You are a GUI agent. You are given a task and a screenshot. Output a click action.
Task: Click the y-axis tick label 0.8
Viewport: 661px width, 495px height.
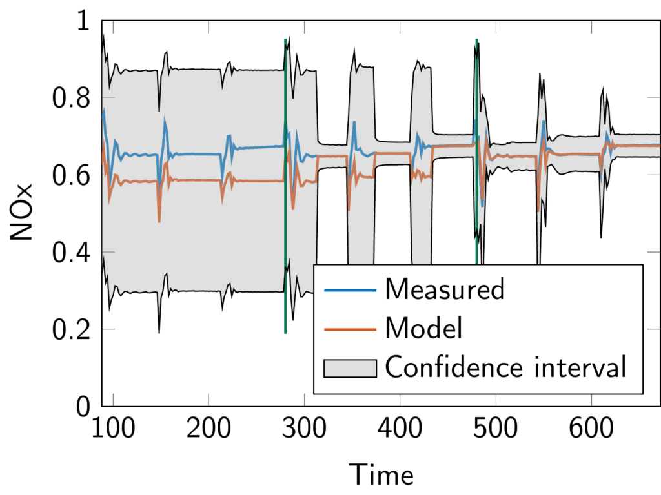pos(73,98)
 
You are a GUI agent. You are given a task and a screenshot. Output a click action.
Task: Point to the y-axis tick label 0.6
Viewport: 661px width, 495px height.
pos(73,175)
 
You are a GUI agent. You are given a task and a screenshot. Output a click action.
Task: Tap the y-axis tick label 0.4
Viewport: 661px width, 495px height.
pos(73,252)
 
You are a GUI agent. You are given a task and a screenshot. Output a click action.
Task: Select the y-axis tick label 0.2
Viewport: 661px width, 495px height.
pos(73,329)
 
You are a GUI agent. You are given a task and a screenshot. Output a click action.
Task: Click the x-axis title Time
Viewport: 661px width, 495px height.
pos(381,475)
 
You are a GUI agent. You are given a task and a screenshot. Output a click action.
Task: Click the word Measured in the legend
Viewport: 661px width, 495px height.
pos(444,289)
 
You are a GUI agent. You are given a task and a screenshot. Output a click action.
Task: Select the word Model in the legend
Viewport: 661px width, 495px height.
pos(423,329)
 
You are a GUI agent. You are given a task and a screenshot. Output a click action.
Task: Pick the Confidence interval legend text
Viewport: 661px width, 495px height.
pos(505,368)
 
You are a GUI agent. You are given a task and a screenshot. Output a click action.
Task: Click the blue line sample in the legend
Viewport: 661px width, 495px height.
pos(350,290)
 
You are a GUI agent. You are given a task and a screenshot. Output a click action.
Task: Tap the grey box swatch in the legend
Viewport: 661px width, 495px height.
pos(350,368)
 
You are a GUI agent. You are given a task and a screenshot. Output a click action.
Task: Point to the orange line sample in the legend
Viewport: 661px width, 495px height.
pos(350,329)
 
